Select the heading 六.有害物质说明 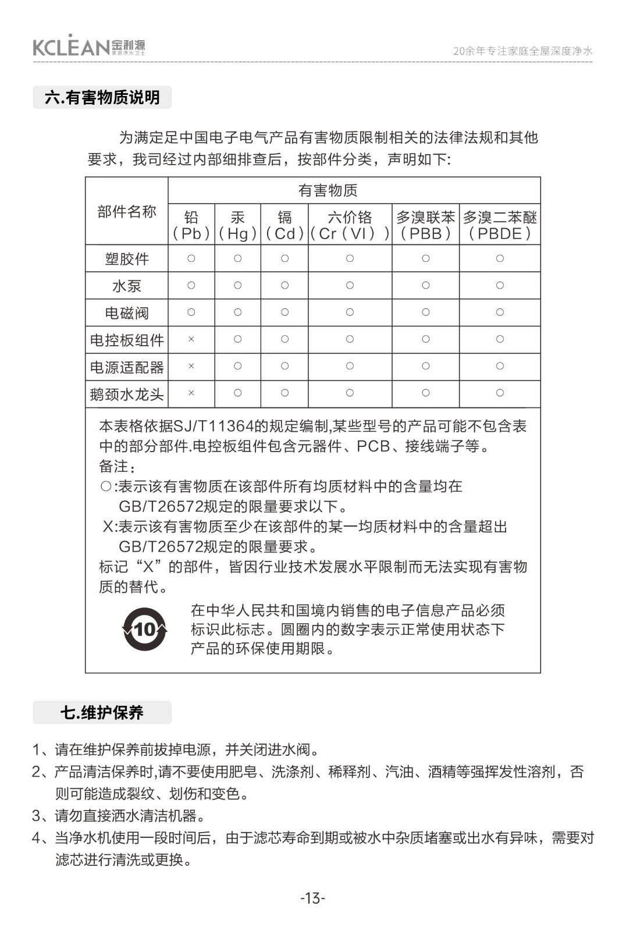coord(102,97)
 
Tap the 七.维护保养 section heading coord(102,712)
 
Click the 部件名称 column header coord(127,212)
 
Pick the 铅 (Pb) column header coord(191,225)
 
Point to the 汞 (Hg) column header coord(237,225)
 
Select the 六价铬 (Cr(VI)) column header coord(350,225)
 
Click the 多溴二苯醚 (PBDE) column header coord(500,225)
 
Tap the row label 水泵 coord(127,286)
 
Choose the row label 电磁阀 coord(127,313)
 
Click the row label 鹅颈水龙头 coord(127,395)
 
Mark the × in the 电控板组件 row coord(191,339)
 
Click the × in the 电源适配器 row coord(191,367)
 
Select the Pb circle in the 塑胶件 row coord(191,258)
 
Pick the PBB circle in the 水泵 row coord(426,286)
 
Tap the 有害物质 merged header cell coord(328,190)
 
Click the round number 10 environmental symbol coord(145,630)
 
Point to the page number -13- coord(313,898)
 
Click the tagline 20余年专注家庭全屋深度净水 coord(522,51)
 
